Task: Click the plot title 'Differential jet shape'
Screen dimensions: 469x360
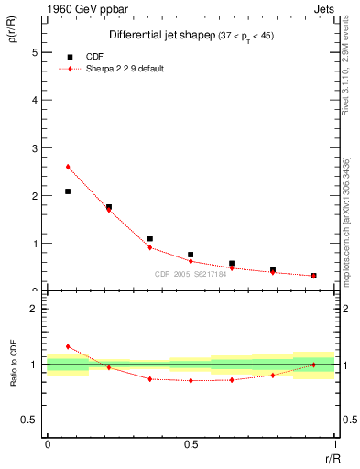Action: pyautogui.click(x=161, y=35)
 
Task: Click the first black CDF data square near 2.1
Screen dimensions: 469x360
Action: pyautogui.click(x=68, y=191)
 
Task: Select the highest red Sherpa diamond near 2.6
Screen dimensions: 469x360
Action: pyautogui.click(x=68, y=167)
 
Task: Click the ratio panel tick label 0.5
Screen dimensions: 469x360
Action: pyautogui.click(x=31, y=420)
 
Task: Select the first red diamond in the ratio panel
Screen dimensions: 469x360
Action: pyautogui.click(x=68, y=346)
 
